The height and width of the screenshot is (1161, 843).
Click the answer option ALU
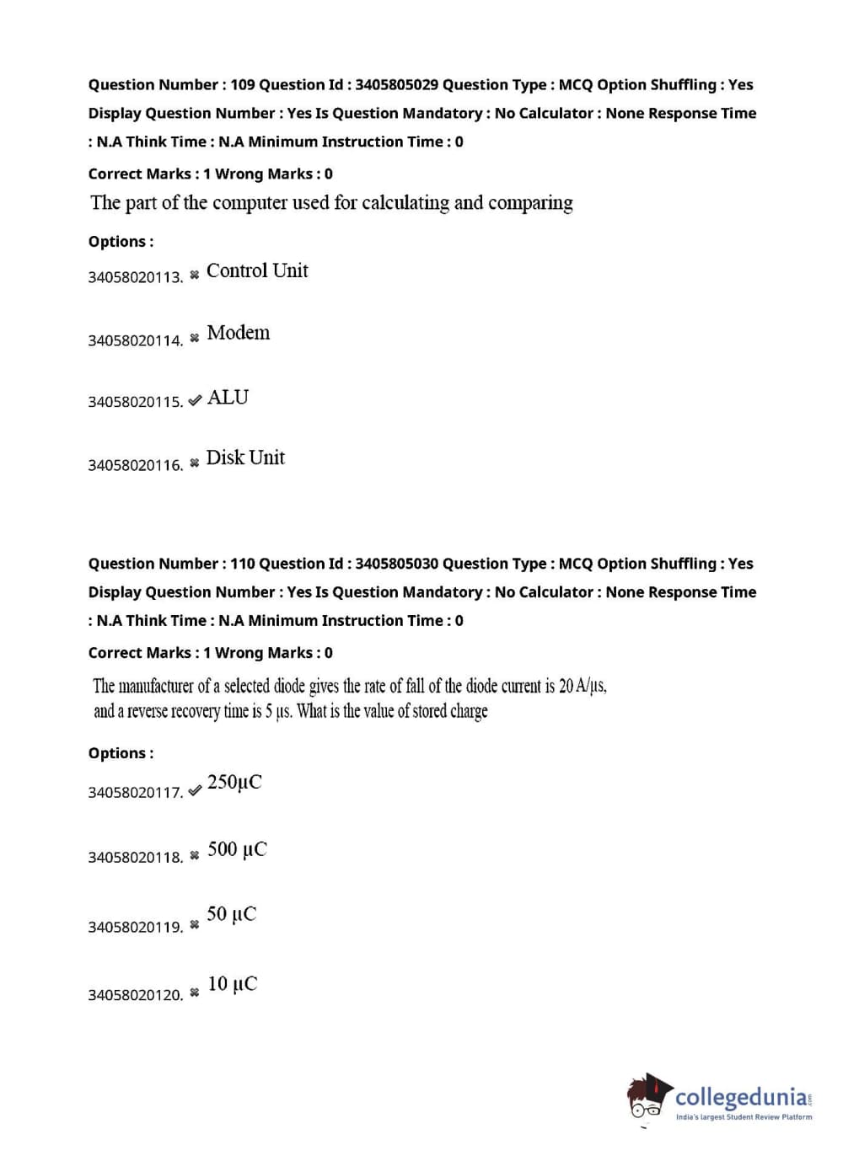(228, 397)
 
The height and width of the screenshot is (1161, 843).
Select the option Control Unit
(257, 270)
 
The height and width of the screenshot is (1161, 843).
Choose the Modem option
(239, 333)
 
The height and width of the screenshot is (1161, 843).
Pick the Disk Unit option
(245, 457)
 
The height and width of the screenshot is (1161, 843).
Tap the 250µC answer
(234, 782)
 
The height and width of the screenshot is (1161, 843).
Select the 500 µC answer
(237, 848)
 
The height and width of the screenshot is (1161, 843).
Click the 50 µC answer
(232, 914)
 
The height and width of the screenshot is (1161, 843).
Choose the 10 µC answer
(233, 983)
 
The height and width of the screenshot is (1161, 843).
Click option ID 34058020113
(135, 277)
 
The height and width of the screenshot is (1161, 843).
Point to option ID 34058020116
(135, 465)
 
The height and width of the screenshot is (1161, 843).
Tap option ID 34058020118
(135, 858)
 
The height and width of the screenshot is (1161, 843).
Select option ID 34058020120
(135, 995)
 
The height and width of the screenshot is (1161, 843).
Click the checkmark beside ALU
(195, 400)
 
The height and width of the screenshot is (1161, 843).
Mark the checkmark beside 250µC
(195, 790)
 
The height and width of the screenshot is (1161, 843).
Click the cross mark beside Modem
(195, 338)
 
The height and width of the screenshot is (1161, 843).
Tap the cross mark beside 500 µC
(195, 855)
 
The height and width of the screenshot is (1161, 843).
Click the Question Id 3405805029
(396, 84)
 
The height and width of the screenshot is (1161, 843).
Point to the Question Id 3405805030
(396, 564)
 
